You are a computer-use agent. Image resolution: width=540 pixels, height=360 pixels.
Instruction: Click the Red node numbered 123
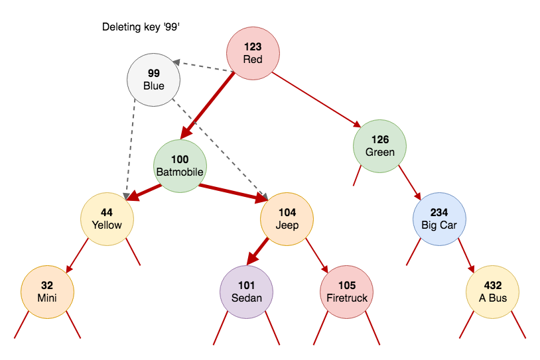[x=253, y=53]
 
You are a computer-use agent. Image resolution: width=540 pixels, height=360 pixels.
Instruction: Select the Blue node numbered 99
[x=153, y=80]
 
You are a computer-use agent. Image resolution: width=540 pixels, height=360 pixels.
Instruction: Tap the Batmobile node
[x=180, y=166]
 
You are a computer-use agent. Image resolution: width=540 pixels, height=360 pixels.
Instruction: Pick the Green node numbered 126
[x=379, y=146]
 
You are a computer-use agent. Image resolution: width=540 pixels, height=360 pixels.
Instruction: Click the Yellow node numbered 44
[x=107, y=219]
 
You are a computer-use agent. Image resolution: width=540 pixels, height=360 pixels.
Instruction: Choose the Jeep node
[x=287, y=219]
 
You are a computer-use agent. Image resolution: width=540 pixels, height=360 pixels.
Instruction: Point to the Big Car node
[x=439, y=219]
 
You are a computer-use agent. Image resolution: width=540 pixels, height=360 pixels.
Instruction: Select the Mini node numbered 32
[x=47, y=292]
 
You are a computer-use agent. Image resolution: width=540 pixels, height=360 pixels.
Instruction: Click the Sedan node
[x=246, y=292]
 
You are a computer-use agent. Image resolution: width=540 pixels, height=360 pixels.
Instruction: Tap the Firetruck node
[x=346, y=292]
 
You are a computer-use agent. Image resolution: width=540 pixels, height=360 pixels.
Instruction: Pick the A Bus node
[x=492, y=292]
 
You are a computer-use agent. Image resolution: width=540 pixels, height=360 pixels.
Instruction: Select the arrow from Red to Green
[x=317, y=99]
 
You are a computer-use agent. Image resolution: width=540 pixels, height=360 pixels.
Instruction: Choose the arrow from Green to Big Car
[x=410, y=183]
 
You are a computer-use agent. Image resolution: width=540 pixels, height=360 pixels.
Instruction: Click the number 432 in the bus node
[x=493, y=286]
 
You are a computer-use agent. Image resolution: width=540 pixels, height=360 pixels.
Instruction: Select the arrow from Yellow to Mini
[x=77, y=256]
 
